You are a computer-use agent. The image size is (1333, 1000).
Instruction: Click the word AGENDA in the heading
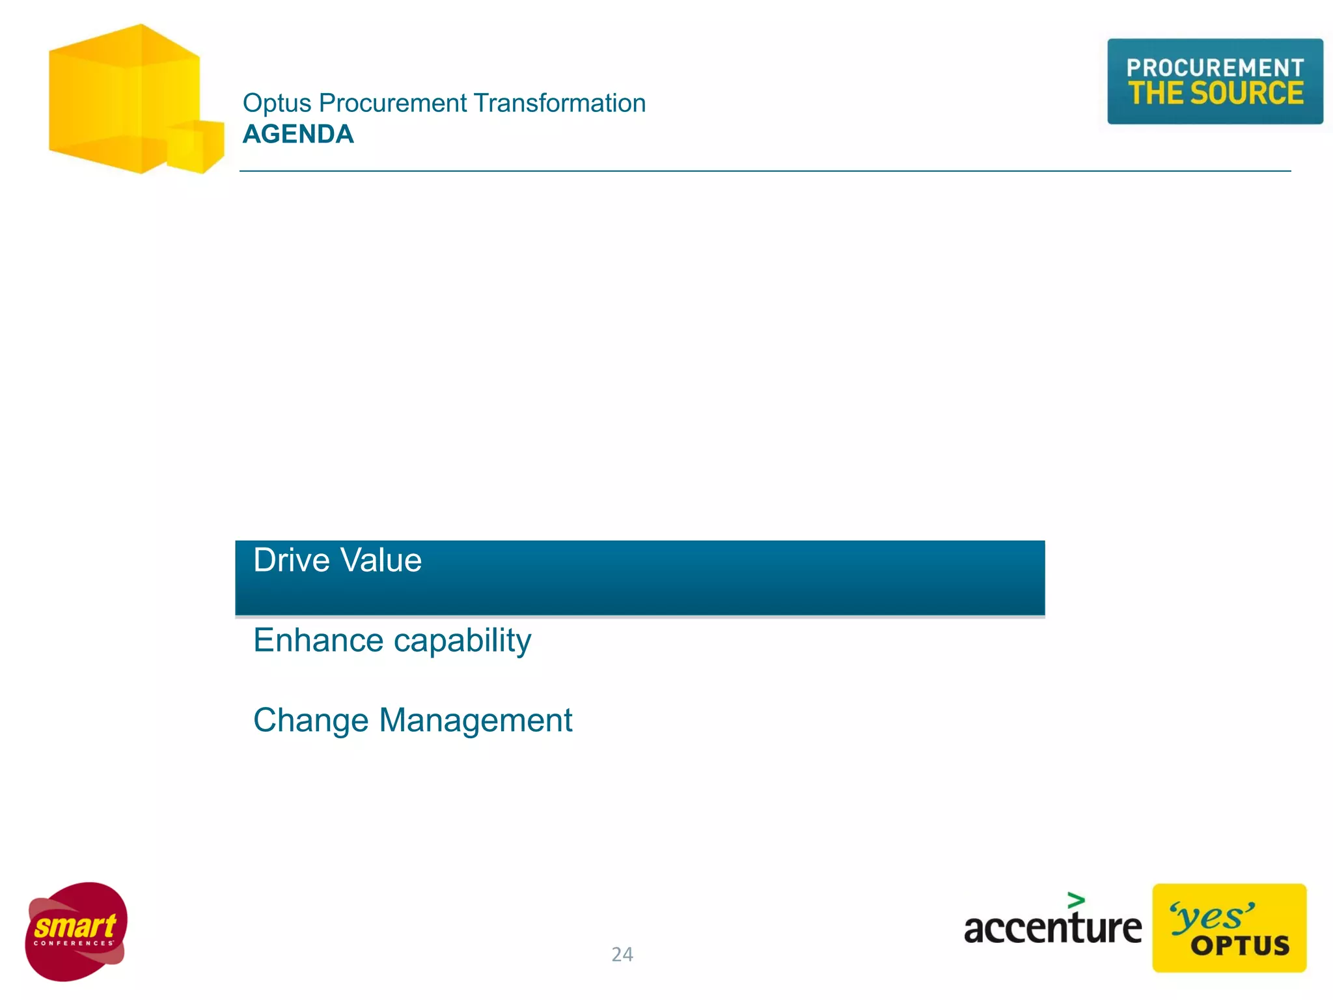[x=298, y=134]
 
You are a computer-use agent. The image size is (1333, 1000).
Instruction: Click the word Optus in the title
[x=277, y=103]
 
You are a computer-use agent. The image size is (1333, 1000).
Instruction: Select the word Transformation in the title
[x=559, y=103]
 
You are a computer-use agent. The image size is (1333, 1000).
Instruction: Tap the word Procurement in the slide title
[x=392, y=103]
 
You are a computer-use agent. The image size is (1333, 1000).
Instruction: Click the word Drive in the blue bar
[x=291, y=560]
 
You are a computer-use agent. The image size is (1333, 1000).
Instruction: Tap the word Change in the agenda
[x=310, y=720]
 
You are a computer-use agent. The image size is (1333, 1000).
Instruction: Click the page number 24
[x=622, y=954]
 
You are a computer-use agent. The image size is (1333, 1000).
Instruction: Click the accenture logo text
[x=1052, y=928]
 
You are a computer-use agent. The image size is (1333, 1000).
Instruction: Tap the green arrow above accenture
[x=1076, y=900]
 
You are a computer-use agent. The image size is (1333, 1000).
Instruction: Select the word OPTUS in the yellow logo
[x=1240, y=945]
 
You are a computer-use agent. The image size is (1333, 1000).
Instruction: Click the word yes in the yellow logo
[x=1211, y=917]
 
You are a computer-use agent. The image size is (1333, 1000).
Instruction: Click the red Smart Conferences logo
[x=76, y=931]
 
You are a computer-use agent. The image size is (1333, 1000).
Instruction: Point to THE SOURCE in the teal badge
[x=1215, y=93]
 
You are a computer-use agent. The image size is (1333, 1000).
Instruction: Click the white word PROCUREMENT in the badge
[x=1215, y=67]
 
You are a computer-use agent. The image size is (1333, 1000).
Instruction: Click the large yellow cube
[x=117, y=98]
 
